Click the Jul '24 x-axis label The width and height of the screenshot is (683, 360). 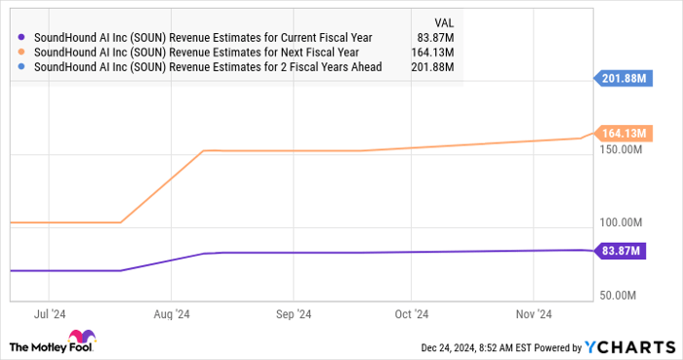pyautogui.click(x=49, y=315)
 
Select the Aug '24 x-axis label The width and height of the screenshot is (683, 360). pyautogui.click(x=171, y=315)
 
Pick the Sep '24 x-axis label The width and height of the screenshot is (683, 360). pyautogui.click(x=293, y=315)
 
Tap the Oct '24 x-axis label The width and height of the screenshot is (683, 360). pyautogui.click(x=411, y=315)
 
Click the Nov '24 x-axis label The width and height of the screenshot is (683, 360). pyautogui.click(x=533, y=315)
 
